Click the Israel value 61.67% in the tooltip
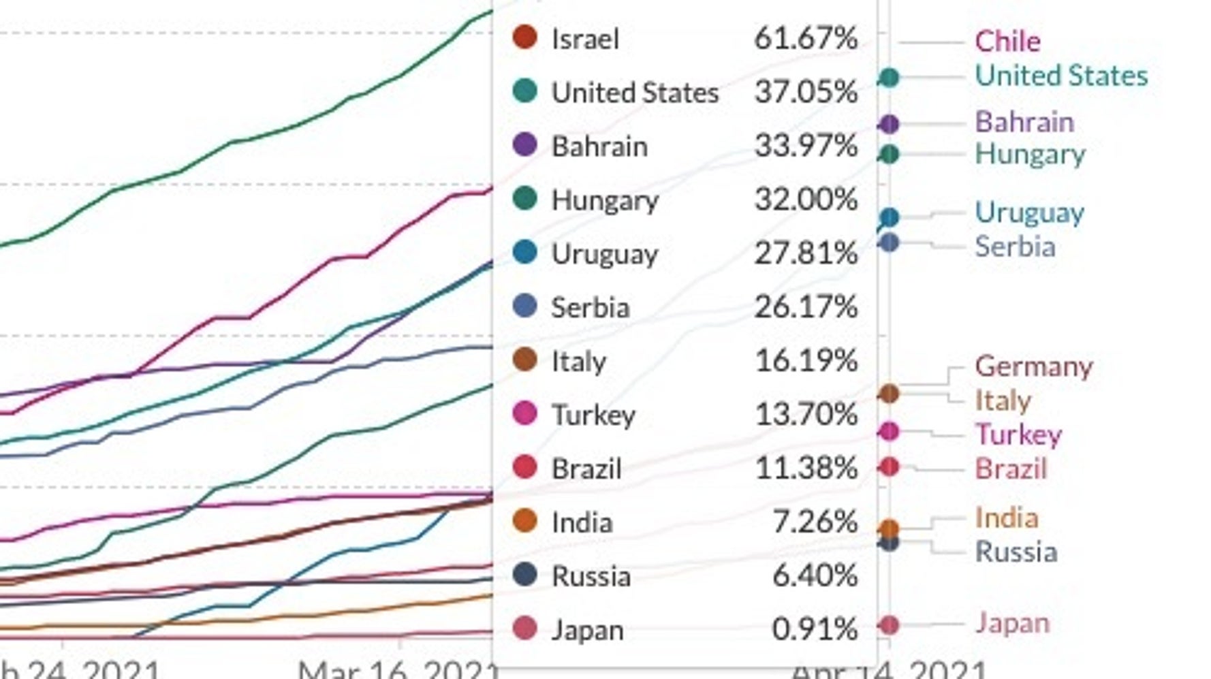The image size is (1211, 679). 805,38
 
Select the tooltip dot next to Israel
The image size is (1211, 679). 524,37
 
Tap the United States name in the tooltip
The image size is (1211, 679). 635,93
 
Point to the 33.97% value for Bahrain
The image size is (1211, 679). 805,146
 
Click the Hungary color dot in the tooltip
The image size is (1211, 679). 524,198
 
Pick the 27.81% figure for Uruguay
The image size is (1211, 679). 805,253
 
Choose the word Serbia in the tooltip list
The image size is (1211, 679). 590,308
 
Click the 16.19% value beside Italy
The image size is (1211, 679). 806,361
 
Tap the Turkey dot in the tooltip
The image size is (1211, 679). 524,413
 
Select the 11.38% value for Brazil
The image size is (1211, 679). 806,469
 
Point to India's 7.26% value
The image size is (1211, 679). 815,522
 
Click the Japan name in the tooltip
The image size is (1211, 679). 587,631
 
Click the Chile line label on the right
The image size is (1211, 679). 1007,42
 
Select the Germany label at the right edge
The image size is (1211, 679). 1033,366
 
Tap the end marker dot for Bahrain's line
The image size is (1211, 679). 889,124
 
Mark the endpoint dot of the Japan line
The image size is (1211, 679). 889,625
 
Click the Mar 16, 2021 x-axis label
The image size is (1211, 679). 398,669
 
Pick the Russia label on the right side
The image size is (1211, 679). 1016,552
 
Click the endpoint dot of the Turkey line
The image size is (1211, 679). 889,431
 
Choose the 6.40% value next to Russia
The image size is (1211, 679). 814,576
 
